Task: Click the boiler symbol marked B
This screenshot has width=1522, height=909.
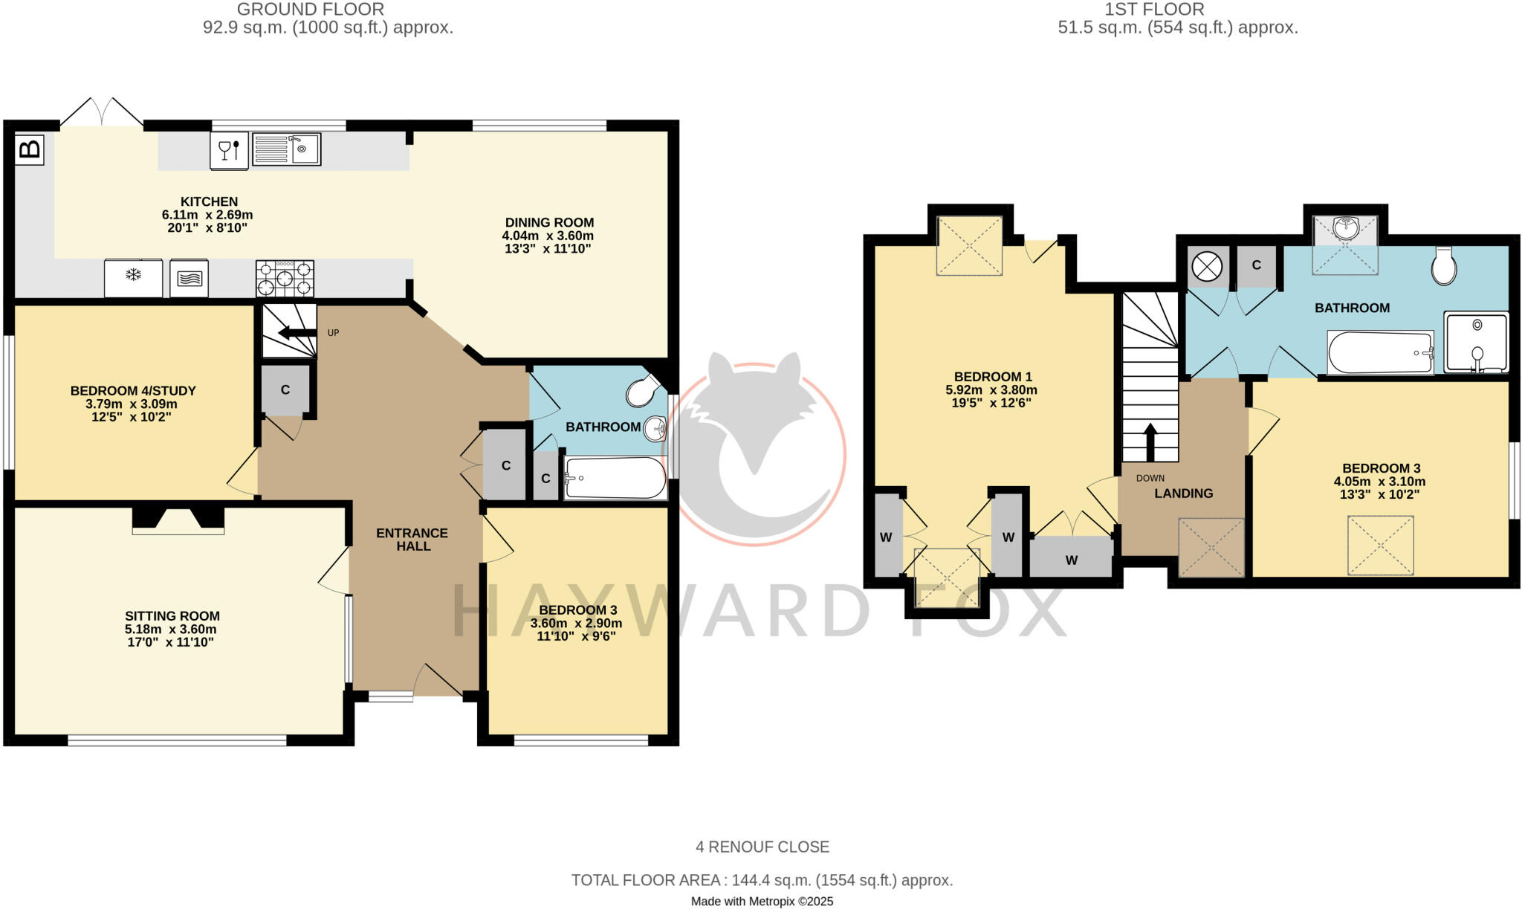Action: pyautogui.click(x=30, y=149)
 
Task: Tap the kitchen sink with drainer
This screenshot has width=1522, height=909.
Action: pyautogui.click(x=286, y=149)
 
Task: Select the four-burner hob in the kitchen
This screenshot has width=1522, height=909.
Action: pyautogui.click(x=285, y=279)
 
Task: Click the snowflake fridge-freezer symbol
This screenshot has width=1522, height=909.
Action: pyautogui.click(x=133, y=277)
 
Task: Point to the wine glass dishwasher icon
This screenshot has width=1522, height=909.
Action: pyautogui.click(x=229, y=151)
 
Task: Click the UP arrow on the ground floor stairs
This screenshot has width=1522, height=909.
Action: pyautogui.click(x=297, y=332)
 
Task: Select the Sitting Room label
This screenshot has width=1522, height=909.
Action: pyautogui.click(x=172, y=615)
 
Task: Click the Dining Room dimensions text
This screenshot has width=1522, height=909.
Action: pyautogui.click(x=548, y=242)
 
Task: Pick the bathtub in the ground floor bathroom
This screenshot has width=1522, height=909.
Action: pyautogui.click(x=615, y=478)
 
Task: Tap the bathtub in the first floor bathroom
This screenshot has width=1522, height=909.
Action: pyautogui.click(x=1380, y=353)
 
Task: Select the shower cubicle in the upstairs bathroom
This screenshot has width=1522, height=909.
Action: pyautogui.click(x=1476, y=342)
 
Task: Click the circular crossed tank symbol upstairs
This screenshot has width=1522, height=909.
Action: pyautogui.click(x=1206, y=266)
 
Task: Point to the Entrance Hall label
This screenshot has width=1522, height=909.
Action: pyautogui.click(x=412, y=539)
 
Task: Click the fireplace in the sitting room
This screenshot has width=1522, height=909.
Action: pyautogui.click(x=178, y=520)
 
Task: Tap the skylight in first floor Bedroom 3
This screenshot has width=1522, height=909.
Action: pyautogui.click(x=1380, y=545)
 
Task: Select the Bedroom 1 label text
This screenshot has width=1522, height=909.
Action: pyautogui.click(x=993, y=376)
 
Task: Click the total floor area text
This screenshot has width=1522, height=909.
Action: pyautogui.click(x=762, y=880)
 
